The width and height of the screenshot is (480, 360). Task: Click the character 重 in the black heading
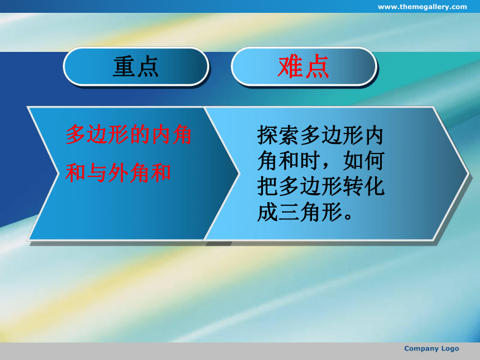click(x=124, y=66)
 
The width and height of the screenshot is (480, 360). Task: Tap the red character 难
click(x=290, y=66)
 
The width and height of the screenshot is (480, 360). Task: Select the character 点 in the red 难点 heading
click(x=317, y=66)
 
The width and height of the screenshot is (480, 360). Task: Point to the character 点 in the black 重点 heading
click(x=148, y=66)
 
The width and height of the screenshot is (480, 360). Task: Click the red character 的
click(x=140, y=135)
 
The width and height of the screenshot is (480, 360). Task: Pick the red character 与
click(x=97, y=172)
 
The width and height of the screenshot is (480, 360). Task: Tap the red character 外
click(x=118, y=172)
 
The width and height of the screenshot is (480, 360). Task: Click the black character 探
click(x=267, y=135)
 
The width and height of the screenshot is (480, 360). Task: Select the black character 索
click(x=289, y=135)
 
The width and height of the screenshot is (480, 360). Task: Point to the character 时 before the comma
click(x=310, y=160)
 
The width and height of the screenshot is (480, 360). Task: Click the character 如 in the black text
click(x=352, y=160)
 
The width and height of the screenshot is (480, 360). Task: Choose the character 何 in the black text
click(x=374, y=160)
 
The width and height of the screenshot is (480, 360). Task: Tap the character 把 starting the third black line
click(x=267, y=186)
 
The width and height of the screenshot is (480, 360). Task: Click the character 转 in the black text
click(x=352, y=186)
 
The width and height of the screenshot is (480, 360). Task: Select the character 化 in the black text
click(x=374, y=186)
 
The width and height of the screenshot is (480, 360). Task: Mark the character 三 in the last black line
click(x=289, y=212)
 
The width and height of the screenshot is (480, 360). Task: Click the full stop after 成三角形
click(x=348, y=216)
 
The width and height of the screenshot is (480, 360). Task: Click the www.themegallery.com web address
click(x=422, y=7)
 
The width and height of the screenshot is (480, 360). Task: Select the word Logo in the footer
click(x=450, y=349)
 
